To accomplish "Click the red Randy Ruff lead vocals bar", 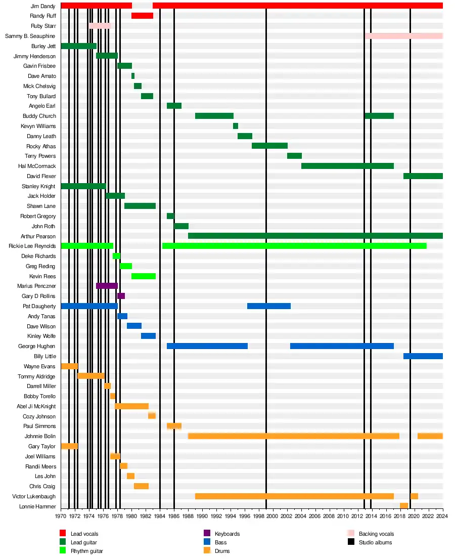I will pyautogui.click(x=142, y=16).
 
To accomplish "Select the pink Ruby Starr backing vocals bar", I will pyautogui.click(x=100, y=26).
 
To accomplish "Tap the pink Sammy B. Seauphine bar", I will pyautogui.click(x=403, y=36).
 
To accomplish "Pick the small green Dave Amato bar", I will pyautogui.click(x=133, y=76).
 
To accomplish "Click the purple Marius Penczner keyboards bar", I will pyautogui.click(x=107, y=286).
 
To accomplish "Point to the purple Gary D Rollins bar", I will pyautogui.click(x=121, y=296).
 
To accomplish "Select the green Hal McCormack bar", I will pyautogui.click(x=347, y=166).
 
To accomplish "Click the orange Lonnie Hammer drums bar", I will pyautogui.click(x=404, y=506).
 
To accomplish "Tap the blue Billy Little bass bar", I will pyautogui.click(x=423, y=356).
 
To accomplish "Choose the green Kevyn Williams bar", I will pyautogui.click(x=236, y=126).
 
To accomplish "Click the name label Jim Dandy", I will pyautogui.click(x=42, y=6).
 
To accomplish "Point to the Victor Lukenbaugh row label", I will pyautogui.click(x=34, y=496).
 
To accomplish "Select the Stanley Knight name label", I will pyautogui.click(x=38, y=186).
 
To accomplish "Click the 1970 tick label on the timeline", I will pyautogui.click(x=61, y=516).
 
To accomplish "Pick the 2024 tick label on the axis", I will pyautogui.click(x=443, y=516).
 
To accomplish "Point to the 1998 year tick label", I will pyautogui.click(x=259, y=516).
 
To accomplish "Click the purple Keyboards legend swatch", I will pyautogui.click(x=207, y=533).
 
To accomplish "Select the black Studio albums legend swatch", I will pyautogui.click(x=351, y=542).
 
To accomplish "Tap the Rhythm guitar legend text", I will pyautogui.click(x=86, y=551).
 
